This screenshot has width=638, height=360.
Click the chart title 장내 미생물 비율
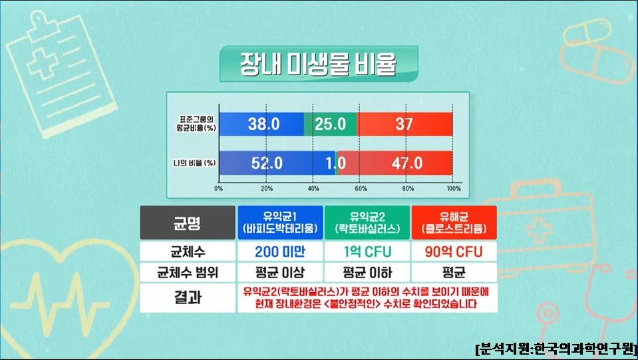(x=318, y=64)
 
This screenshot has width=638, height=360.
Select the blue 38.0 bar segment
(x=261, y=124)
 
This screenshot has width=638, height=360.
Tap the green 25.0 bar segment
(x=330, y=124)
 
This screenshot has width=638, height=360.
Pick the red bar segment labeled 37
(x=404, y=124)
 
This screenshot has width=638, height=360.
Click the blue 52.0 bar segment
(x=277, y=163)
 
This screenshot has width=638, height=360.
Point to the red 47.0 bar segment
(x=395, y=163)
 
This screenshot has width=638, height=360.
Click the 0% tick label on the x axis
(x=218, y=189)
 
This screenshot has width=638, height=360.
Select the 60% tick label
(x=361, y=189)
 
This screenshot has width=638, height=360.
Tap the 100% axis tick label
(x=454, y=189)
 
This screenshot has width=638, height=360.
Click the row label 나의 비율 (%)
(x=194, y=163)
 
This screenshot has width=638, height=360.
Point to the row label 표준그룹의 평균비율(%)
(x=196, y=124)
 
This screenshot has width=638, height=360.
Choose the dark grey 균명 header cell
(x=188, y=222)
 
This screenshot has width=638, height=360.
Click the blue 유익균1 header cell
(x=280, y=222)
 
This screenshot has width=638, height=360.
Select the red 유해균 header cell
(x=454, y=222)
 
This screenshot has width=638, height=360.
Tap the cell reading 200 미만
(x=280, y=252)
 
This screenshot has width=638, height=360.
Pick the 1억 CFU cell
(x=367, y=252)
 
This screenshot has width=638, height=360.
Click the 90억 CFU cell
(x=454, y=252)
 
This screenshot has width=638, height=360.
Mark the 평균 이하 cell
(x=367, y=272)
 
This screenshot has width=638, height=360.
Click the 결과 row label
(x=188, y=297)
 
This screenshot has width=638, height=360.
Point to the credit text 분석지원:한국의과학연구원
(x=556, y=349)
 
